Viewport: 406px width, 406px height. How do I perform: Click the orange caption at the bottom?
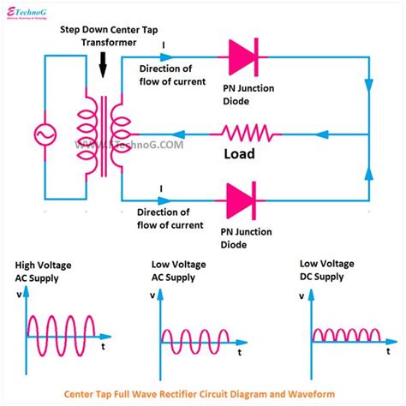pos(202,395)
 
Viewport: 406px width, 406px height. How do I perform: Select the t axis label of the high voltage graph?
pos(103,349)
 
